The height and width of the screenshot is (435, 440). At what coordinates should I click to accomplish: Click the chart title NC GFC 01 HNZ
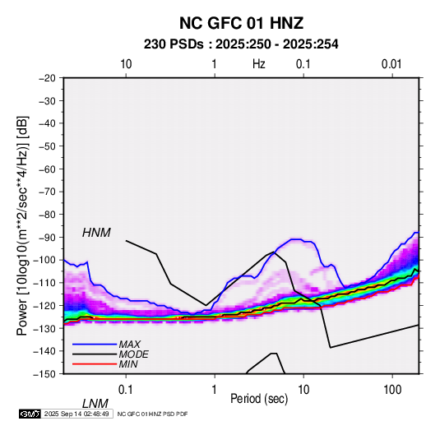[x=241, y=23]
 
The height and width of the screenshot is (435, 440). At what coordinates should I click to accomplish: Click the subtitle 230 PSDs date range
[x=241, y=44]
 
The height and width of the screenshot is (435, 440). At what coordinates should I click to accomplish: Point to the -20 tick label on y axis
[x=47, y=78]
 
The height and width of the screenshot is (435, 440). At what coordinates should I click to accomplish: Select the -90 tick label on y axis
[x=47, y=237]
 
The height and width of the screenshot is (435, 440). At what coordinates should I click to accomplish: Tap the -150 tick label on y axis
[x=45, y=374]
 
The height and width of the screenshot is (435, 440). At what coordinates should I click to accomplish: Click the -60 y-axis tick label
[x=47, y=169]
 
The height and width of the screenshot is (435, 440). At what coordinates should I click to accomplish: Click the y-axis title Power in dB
[x=22, y=225]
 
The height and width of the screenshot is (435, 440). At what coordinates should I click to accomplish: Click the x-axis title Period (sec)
[x=259, y=399]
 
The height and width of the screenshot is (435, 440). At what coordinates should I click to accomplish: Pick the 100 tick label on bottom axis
[x=392, y=390]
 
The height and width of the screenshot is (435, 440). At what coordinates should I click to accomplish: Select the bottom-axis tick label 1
[x=215, y=390]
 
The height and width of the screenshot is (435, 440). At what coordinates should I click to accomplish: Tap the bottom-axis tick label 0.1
[x=126, y=390]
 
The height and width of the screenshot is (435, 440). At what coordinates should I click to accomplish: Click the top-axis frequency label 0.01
[x=391, y=64]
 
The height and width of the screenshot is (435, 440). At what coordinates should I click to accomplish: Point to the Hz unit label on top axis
[x=259, y=64]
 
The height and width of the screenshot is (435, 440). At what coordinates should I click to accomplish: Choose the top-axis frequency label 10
[x=126, y=64]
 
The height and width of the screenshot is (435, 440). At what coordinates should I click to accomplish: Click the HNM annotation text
[x=96, y=233]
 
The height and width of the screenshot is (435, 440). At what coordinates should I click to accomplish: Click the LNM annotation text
[x=95, y=404]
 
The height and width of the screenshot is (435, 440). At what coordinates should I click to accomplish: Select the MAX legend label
[x=130, y=344]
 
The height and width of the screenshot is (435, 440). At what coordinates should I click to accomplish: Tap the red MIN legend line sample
[x=95, y=364]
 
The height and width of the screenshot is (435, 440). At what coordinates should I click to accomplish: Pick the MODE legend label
[x=133, y=354]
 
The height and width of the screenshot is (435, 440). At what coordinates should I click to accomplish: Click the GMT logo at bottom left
[x=30, y=414]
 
